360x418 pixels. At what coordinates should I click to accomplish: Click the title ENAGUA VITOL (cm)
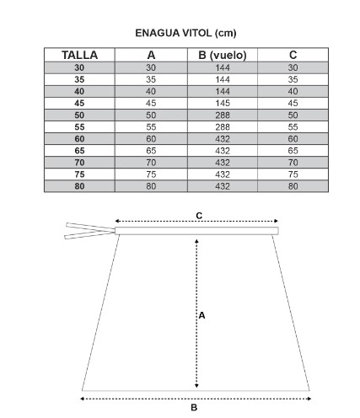[x=185, y=33]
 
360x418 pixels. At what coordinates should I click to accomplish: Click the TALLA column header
[x=79, y=55]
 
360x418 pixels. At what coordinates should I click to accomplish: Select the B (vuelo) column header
[x=223, y=56]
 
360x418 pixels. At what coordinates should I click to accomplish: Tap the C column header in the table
[x=293, y=55]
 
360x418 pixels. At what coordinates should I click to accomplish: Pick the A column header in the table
[x=151, y=55]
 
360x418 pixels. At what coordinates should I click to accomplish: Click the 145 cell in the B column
[x=223, y=103]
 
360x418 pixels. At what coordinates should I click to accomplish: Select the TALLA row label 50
[x=79, y=115]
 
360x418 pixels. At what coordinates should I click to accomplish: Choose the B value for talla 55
[x=223, y=127]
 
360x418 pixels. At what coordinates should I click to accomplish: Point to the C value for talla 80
[x=293, y=186]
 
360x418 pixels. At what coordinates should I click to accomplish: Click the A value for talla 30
[x=151, y=67]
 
